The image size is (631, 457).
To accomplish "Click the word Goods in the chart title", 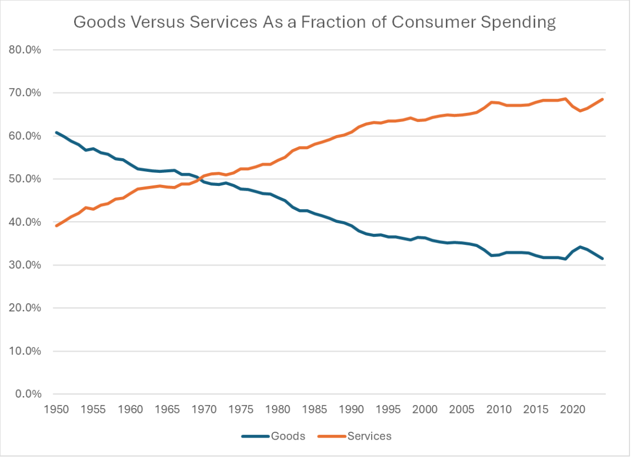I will pos(96,23).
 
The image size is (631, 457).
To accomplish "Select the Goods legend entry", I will pos(288,436).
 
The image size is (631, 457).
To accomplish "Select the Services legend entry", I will pos(369,436).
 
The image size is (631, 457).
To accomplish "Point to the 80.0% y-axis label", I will pos(25,50).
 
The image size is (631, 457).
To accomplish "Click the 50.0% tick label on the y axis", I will pos(25,179).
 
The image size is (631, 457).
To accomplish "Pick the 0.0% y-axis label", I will pos(27,394).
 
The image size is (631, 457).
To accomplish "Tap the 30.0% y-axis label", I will pos(25,265).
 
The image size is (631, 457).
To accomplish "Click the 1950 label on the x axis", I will pos(56,409).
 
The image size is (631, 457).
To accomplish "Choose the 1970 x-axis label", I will pos(203,409).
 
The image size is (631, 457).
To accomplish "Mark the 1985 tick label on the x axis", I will pos(313,409).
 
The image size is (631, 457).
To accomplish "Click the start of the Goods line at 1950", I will pos(56,132).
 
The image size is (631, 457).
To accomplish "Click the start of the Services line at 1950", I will pos(56,226).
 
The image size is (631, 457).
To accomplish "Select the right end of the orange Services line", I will pos(603,99).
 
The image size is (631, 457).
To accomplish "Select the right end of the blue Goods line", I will pos(603,258).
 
